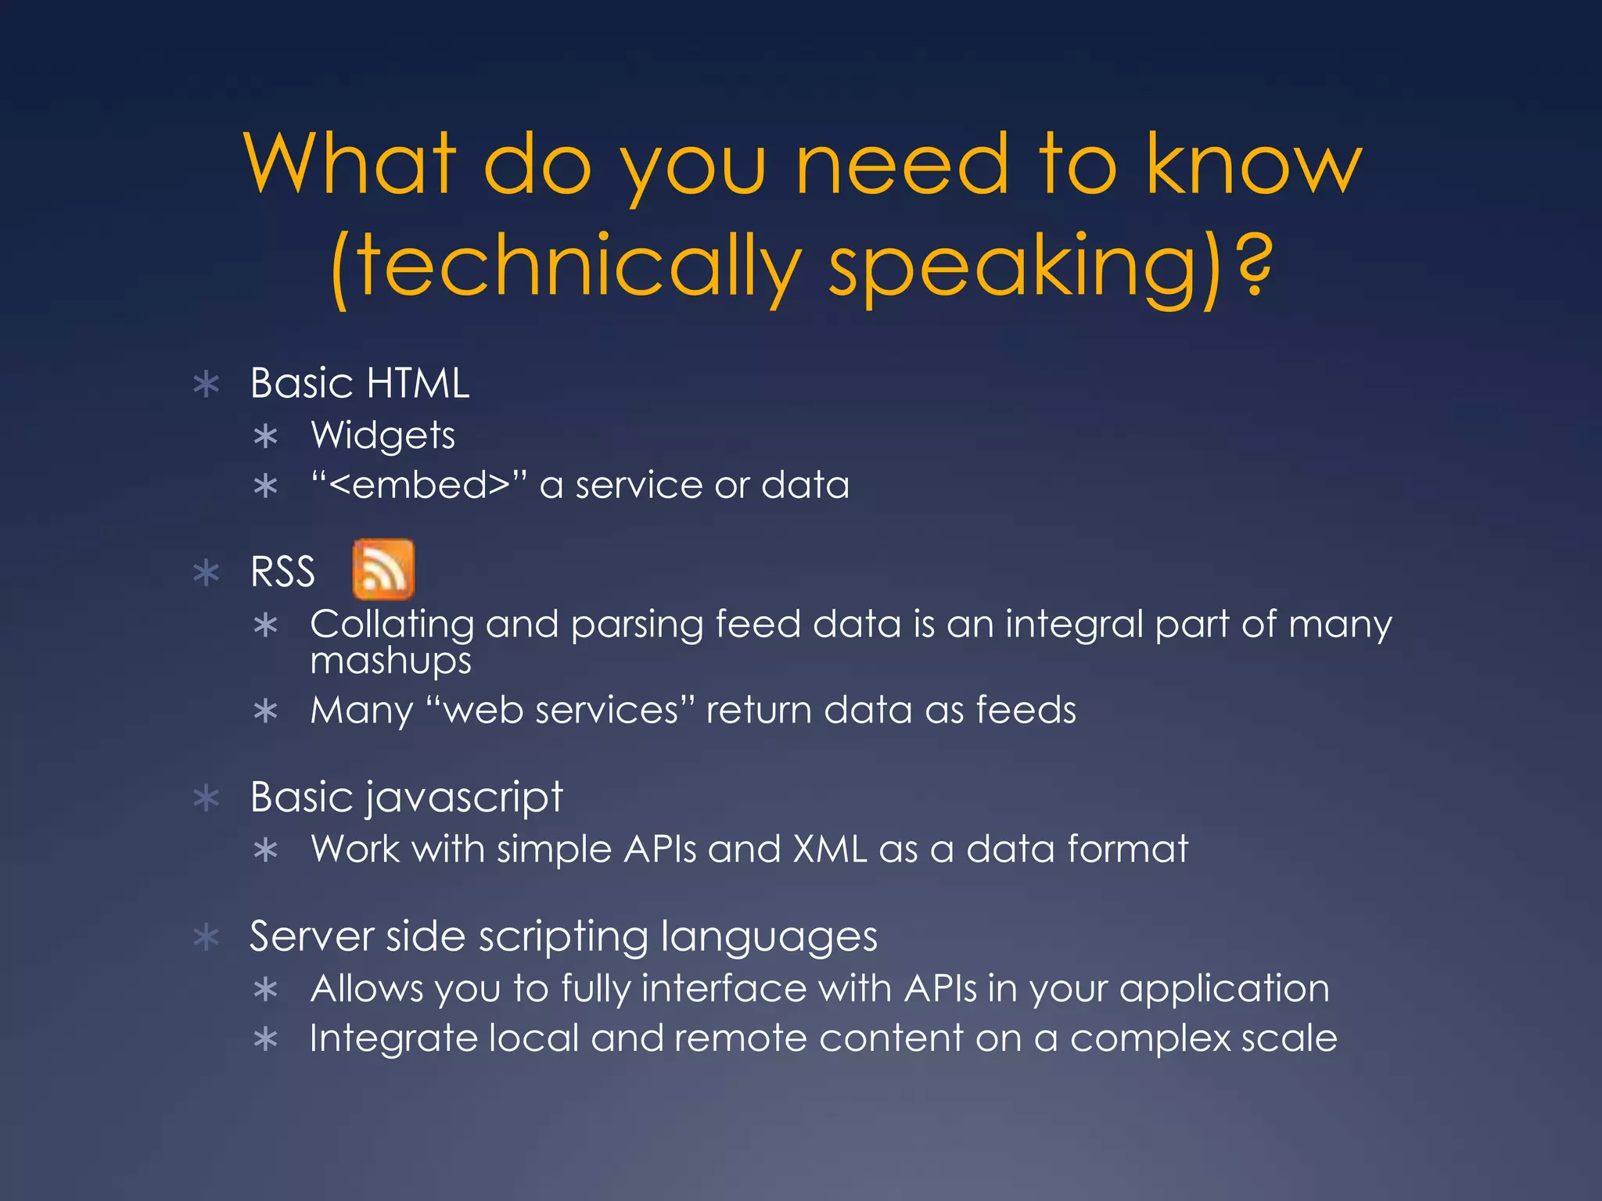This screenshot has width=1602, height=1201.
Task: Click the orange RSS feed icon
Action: click(383, 569)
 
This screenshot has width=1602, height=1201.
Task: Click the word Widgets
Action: click(383, 436)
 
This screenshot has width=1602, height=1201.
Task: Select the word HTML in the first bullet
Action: click(418, 383)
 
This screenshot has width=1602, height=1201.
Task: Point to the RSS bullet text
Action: click(282, 572)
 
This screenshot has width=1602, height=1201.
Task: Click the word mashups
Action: click(391, 661)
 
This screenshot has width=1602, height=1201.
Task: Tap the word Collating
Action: click(392, 625)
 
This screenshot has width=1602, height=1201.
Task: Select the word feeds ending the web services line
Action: click(1025, 711)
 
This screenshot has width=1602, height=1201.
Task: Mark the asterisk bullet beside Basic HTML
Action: click(207, 385)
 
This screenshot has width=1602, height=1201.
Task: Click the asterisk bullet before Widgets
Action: click(266, 436)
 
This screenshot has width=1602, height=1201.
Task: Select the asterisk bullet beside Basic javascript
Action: click(207, 798)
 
